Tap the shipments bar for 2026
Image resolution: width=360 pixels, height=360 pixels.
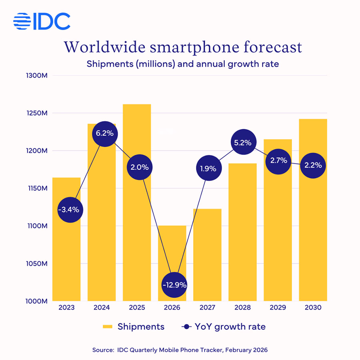coord(172,248)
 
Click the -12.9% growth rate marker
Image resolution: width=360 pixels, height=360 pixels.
coord(174,285)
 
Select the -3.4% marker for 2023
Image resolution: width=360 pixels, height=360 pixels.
coord(70,209)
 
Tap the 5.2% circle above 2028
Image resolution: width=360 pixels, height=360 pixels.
coord(243,142)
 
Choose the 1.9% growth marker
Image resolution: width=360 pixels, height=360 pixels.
coord(208,168)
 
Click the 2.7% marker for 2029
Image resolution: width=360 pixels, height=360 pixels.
coord(278,161)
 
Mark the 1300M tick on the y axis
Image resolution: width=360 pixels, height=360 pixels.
coord(37,76)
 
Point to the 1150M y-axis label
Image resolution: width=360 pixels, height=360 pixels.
coord(37,188)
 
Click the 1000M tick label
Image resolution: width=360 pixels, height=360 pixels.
coord(37,301)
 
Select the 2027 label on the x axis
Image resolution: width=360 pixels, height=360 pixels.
coord(208,308)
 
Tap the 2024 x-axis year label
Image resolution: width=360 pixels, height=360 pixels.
coord(102,308)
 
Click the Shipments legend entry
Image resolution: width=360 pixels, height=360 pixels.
coord(134,327)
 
